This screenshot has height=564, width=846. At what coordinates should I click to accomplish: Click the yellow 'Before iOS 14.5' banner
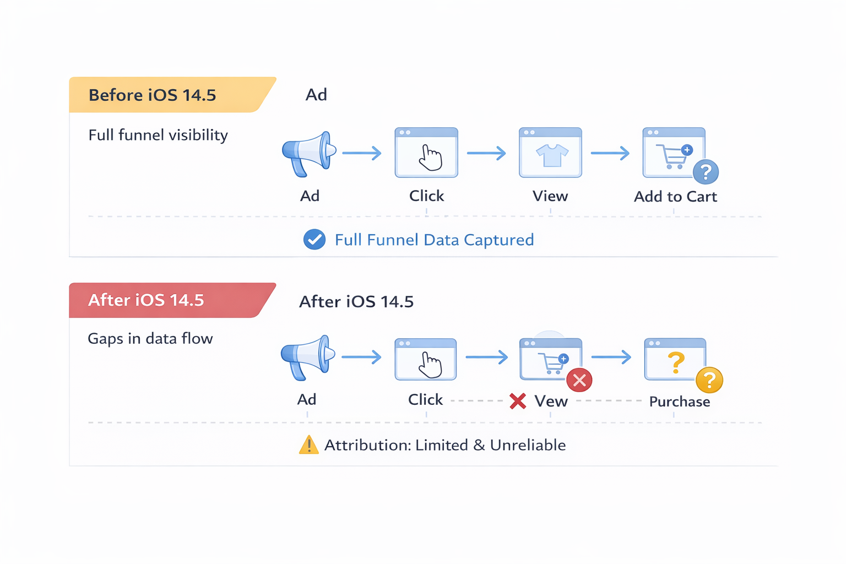click(165, 95)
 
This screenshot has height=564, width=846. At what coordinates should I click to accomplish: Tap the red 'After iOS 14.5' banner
click(165, 300)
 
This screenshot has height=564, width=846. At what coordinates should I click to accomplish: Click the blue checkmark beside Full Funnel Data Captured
click(314, 240)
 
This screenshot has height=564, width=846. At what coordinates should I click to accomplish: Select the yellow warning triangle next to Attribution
click(308, 444)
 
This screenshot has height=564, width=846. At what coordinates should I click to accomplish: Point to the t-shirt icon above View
click(551, 155)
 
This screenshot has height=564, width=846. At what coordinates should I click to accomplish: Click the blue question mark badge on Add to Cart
click(706, 172)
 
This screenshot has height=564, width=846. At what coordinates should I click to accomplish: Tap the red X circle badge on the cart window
click(579, 380)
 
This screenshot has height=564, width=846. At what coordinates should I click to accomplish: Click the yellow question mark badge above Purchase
click(709, 380)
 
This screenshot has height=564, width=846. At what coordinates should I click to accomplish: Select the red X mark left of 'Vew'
click(518, 401)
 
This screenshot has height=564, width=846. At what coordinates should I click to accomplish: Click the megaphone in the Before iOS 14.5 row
click(308, 154)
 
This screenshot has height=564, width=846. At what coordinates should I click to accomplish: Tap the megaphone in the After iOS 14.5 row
click(307, 357)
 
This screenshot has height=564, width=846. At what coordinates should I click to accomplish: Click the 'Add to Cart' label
click(675, 197)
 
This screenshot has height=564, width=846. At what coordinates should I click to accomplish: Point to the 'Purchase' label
click(679, 402)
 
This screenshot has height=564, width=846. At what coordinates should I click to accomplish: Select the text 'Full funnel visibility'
click(158, 135)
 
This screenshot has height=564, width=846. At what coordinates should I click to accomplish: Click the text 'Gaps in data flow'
click(150, 338)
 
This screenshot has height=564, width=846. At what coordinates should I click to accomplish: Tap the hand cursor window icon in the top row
click(426, 153)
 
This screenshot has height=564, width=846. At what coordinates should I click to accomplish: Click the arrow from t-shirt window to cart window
click(610, 153)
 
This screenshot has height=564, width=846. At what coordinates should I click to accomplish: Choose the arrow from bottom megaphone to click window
click(361, 357)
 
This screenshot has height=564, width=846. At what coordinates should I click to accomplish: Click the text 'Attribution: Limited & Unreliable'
click(444, 445)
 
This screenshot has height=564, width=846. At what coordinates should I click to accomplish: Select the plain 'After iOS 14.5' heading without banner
click(356, 301)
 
